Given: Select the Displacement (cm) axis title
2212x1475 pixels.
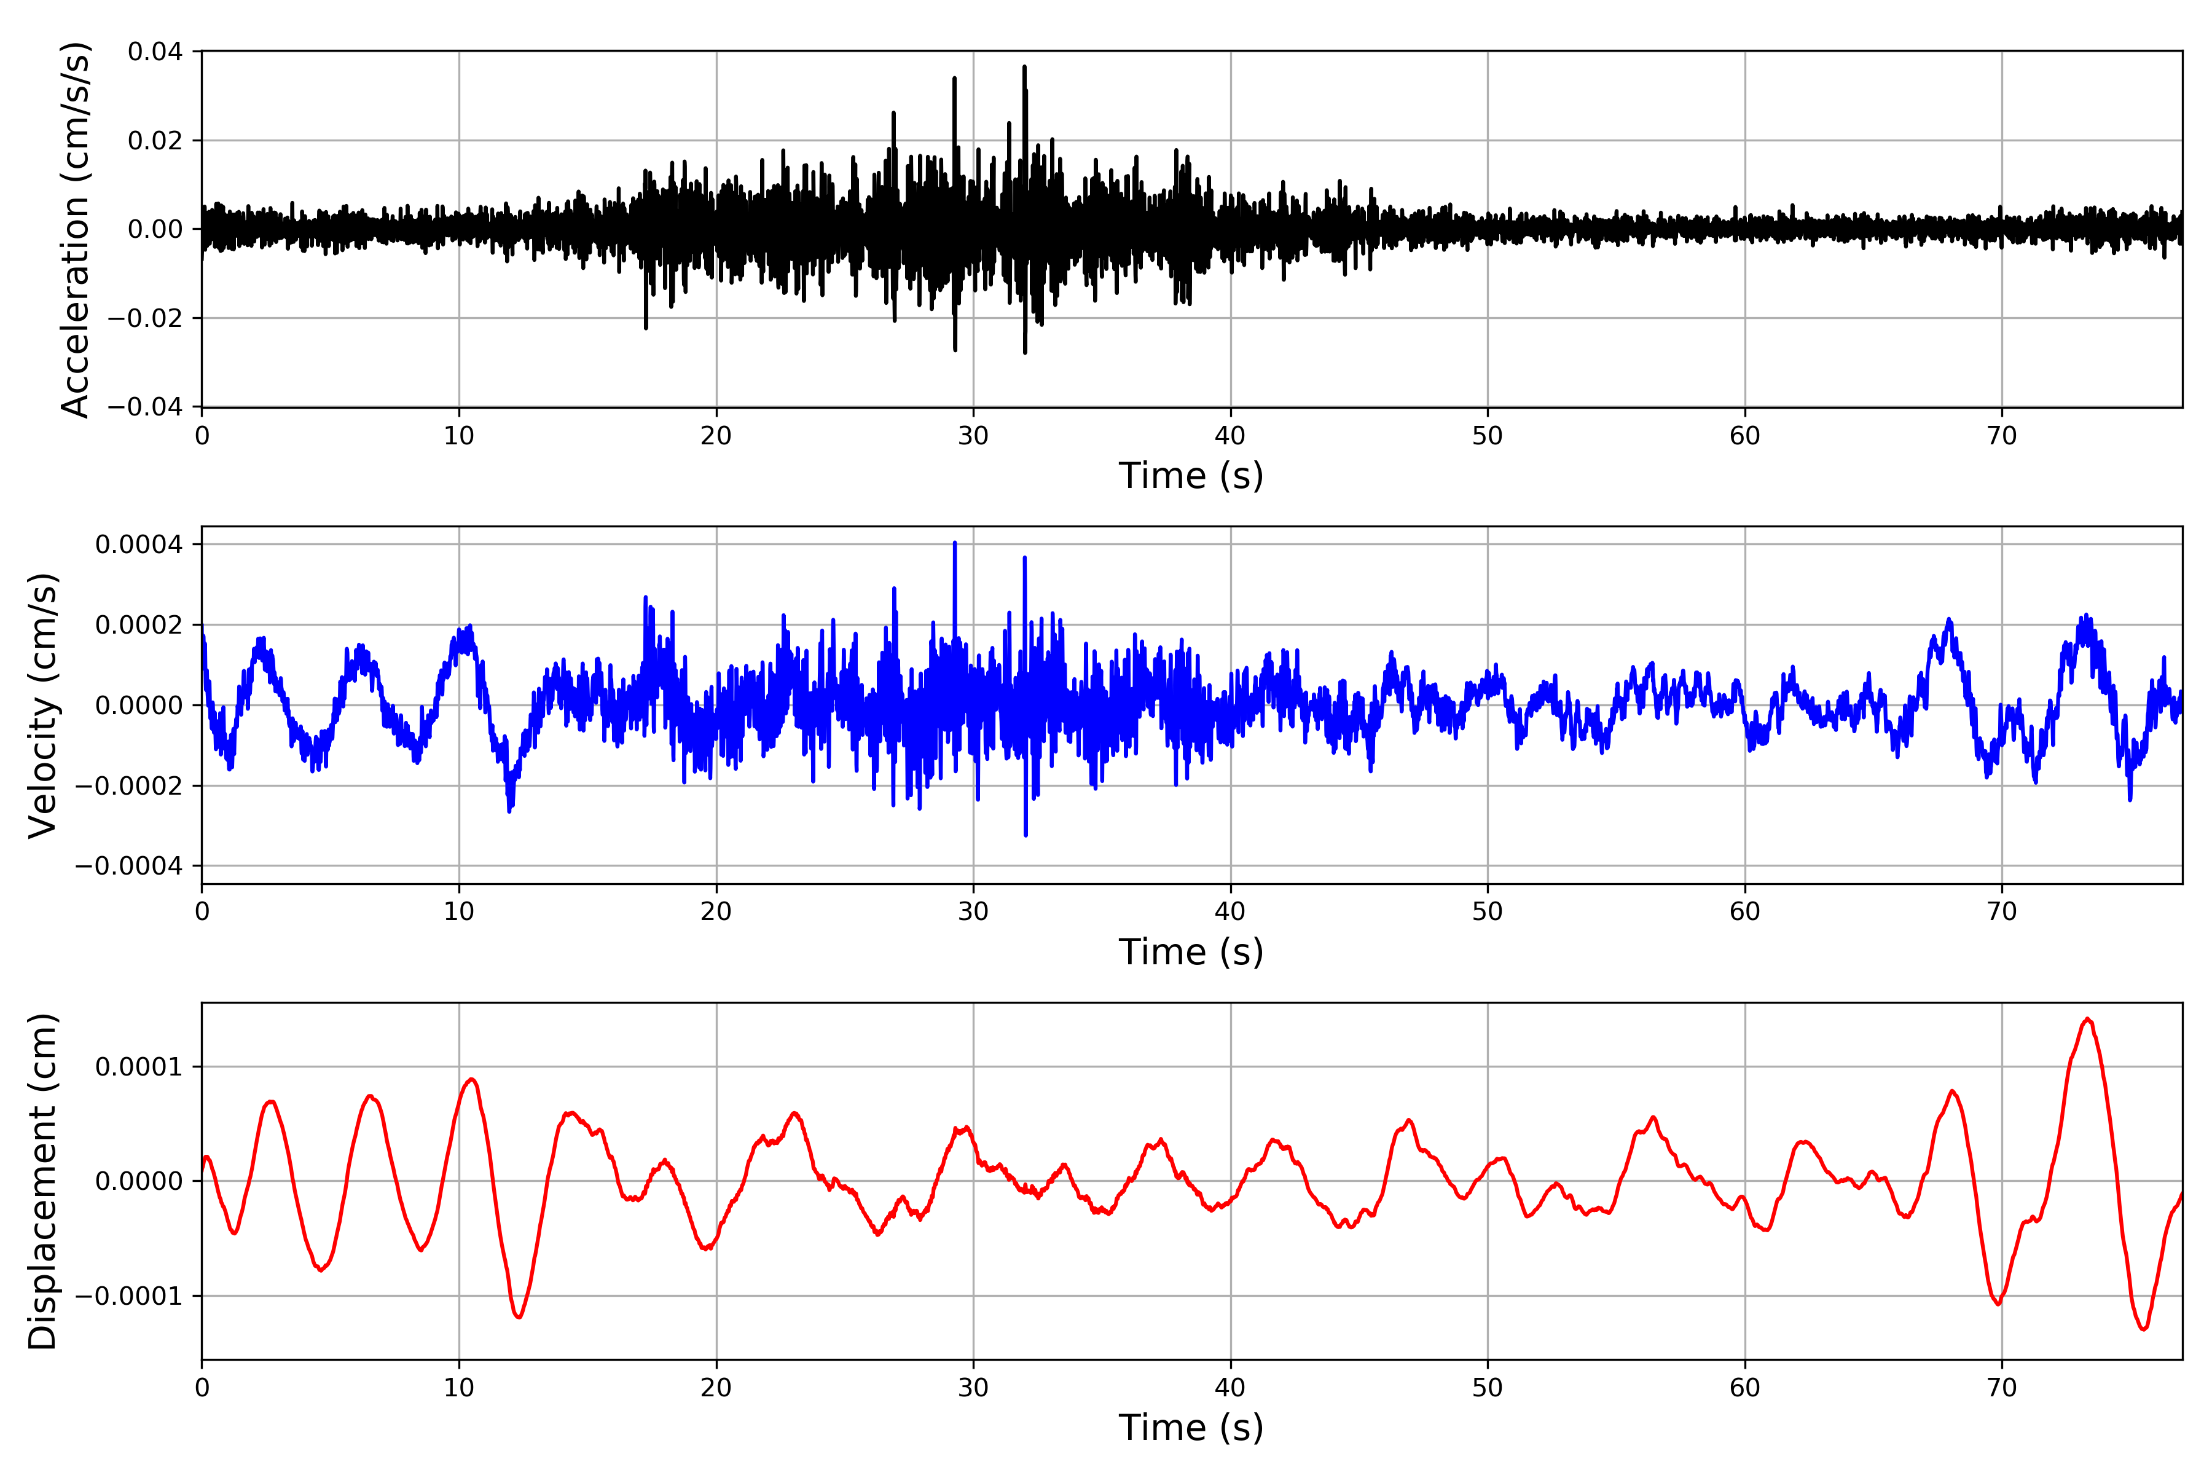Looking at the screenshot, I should (x=43, y=1181).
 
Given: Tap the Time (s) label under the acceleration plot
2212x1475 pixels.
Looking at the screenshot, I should (x=1191, y=476).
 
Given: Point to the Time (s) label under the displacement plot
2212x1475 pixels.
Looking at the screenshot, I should (x=1191, y=1428).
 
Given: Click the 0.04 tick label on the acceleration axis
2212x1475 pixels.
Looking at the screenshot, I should (x=155, y=52).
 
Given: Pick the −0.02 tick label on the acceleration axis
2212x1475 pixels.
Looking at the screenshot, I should (x=145, y=318).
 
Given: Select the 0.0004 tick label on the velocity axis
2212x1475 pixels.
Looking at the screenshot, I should (x=139, y=545).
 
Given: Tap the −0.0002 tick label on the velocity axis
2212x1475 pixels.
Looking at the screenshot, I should (x=129, y=785).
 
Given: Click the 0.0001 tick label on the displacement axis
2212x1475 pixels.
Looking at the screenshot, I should (x=139, y=1067).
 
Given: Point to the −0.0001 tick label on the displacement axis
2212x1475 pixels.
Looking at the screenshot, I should (x=129, y=1296).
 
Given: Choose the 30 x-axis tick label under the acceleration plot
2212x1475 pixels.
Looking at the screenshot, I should (x=973, y=436).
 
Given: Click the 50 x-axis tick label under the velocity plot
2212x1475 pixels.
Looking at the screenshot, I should (x=1487, y=911).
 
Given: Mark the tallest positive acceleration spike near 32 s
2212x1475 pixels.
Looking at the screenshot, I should (x=1024, y=68).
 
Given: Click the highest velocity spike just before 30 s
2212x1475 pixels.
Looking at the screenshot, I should (x=955, y=544).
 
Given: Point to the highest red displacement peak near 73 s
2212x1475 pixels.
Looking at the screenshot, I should (x=2087, y=1020).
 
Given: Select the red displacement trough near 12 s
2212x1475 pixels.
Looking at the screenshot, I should (x=518, y=1316).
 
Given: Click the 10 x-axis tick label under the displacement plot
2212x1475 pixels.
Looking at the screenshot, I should (x=459, y=1388).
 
